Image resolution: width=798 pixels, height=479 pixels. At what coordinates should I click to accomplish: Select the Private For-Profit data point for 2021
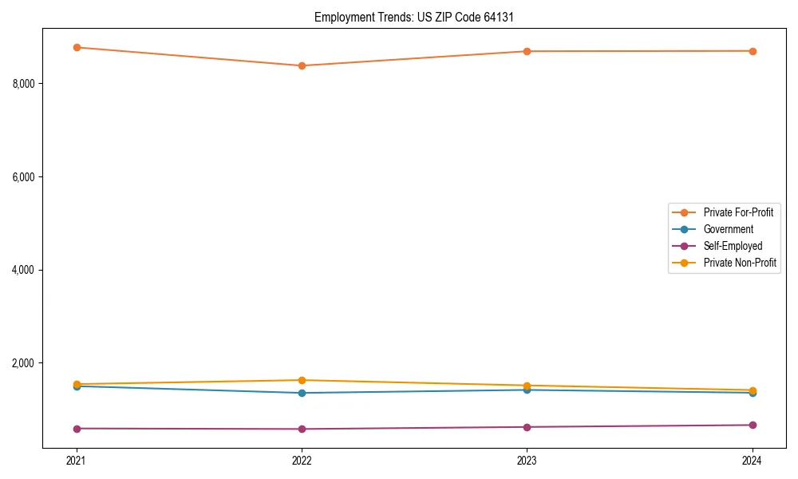click(x=77, y=47)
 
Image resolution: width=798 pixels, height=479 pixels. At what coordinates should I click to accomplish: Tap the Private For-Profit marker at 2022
click(x=302, y=65)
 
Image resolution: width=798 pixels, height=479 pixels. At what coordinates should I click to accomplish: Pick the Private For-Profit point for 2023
click(x=527, y=51)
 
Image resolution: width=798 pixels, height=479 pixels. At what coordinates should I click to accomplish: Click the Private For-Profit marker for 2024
click(x=752, y=51)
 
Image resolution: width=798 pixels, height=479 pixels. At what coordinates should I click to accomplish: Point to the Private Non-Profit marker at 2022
click(x=302, y=380)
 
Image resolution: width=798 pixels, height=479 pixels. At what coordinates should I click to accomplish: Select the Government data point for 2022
click(x=302, y=393)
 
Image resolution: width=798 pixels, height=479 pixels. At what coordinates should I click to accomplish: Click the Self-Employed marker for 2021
click(x=77, y=429)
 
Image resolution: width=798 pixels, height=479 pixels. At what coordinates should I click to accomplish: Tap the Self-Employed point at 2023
click(x=527, y=427)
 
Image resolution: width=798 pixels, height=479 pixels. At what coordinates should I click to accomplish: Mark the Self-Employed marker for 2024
click(x=752, y=425)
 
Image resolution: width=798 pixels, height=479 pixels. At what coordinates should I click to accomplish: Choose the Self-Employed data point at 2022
click(x=302, y=429)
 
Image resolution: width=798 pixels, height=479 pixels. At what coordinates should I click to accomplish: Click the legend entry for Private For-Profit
click(x=737, y=212)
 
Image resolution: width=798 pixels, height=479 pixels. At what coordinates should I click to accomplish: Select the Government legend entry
click(x=728, y=229)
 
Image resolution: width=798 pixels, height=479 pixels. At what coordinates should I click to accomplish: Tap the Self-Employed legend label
click(x=733, y=246)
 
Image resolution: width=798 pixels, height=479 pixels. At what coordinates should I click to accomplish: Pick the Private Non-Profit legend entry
click(x=740, y=263)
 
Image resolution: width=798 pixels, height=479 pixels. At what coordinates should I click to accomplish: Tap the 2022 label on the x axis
click(x=302, y=461)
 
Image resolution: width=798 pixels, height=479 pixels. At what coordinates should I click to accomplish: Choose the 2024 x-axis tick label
click(x=752, y=461)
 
